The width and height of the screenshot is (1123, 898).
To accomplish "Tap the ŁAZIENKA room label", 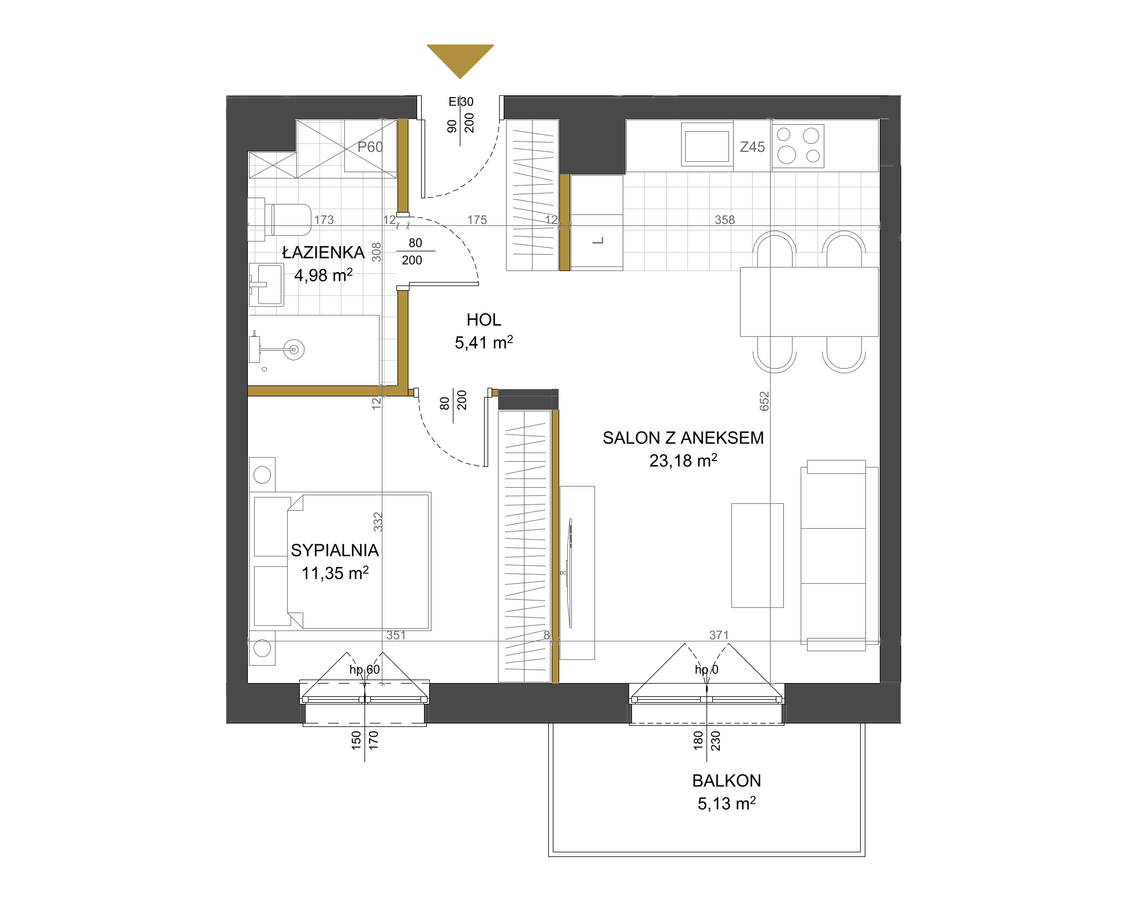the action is (323, 253).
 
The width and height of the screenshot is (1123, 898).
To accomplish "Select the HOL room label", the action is (484, 320).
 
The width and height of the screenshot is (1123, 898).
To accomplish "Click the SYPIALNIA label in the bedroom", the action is (335, 550).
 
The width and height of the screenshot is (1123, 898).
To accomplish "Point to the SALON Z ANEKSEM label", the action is (683, 437).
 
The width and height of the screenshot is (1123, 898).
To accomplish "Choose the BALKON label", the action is (727, 781).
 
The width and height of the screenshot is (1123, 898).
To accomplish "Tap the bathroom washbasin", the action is (266, 284).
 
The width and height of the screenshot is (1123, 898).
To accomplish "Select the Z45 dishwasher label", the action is (752, 147).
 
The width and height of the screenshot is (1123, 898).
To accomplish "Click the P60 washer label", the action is (370, 147).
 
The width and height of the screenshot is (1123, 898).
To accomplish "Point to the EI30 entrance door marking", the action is (461, 102).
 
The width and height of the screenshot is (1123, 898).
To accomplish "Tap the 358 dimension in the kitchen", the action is (724, 220).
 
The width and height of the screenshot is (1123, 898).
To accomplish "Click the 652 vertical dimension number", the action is (764, 401).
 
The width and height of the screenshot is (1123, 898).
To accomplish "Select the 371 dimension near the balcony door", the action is (719, 635).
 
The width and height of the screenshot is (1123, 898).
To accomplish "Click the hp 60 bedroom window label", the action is (365, 669).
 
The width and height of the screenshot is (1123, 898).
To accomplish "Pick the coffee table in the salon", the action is (757, 555).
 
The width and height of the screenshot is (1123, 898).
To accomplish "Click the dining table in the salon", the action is (809, 302).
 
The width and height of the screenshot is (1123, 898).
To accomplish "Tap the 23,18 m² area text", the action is (683, 461).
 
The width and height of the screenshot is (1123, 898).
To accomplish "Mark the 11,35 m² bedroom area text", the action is (335, 573).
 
